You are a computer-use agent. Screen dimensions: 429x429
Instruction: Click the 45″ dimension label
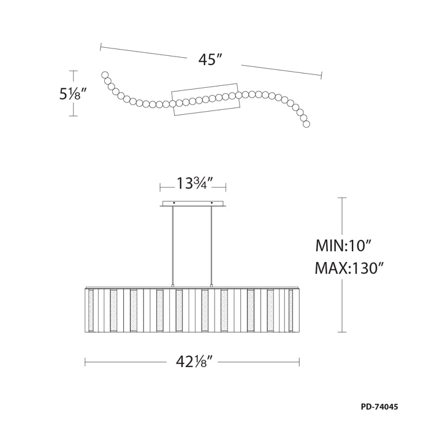point(210,60)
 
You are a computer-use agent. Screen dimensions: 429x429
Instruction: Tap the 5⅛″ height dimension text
point(70,95)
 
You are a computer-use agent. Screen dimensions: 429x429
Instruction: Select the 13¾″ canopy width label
point(195,184)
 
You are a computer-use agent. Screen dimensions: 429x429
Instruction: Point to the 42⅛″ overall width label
point(194,362)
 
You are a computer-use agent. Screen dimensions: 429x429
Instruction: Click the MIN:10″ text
point(343,245)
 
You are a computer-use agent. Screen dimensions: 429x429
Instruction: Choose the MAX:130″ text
point(349,268)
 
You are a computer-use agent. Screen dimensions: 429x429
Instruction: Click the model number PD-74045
point(379,407)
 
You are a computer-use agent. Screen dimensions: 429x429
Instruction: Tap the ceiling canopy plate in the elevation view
point(193,204)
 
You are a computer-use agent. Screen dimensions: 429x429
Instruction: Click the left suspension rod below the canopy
point(173,245)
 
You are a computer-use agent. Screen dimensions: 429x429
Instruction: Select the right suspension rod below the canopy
point(211,245)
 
